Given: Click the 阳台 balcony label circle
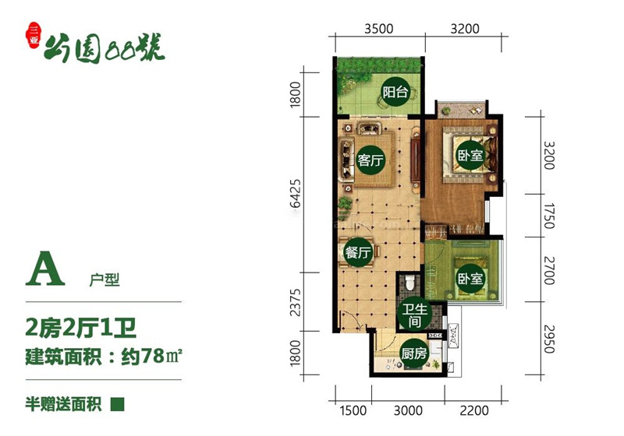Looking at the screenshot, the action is click(x=395, y=92).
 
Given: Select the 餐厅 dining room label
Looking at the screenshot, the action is click(x=359, y=252).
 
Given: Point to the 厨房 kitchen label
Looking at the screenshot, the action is click(x=414, y=353).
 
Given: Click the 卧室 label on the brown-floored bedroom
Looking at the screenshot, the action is click(x=470, y=154).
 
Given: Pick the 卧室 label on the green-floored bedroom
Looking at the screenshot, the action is click(x=470, y=278).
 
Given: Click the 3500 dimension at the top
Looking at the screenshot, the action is click(x=379, y=29).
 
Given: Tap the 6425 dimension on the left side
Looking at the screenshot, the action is click(x=296, y=193).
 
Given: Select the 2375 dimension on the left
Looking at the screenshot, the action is click(x=296, y=302).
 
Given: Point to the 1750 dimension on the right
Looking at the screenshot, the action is click(x=549, y=216).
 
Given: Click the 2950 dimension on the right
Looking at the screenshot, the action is click(x=549, y=339).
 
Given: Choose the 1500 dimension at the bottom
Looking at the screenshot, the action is click(x=353, y=410).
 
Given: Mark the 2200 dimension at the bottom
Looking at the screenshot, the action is click(x=474, y=410).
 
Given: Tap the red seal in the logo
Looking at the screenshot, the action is click(x=34, y=35).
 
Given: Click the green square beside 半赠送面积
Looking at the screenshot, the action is click(x=118, y=405).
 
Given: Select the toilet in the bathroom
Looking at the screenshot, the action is click(x=409, y=283).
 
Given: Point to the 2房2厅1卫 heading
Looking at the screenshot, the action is click(x=81, y=328).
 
